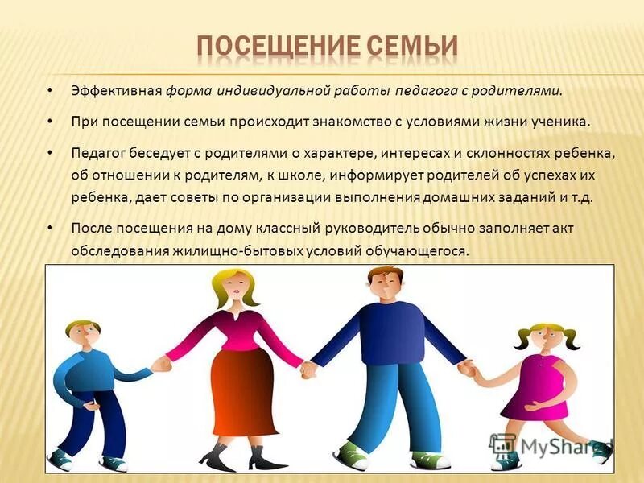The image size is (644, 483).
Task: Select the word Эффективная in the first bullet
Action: pos(117,90)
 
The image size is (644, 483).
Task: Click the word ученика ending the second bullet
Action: pos(563,122)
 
